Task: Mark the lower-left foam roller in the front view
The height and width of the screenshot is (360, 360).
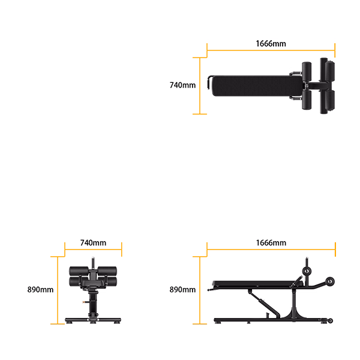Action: [x=78, y=280]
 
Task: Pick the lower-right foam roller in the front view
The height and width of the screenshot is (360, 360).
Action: [x=109, y=280]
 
